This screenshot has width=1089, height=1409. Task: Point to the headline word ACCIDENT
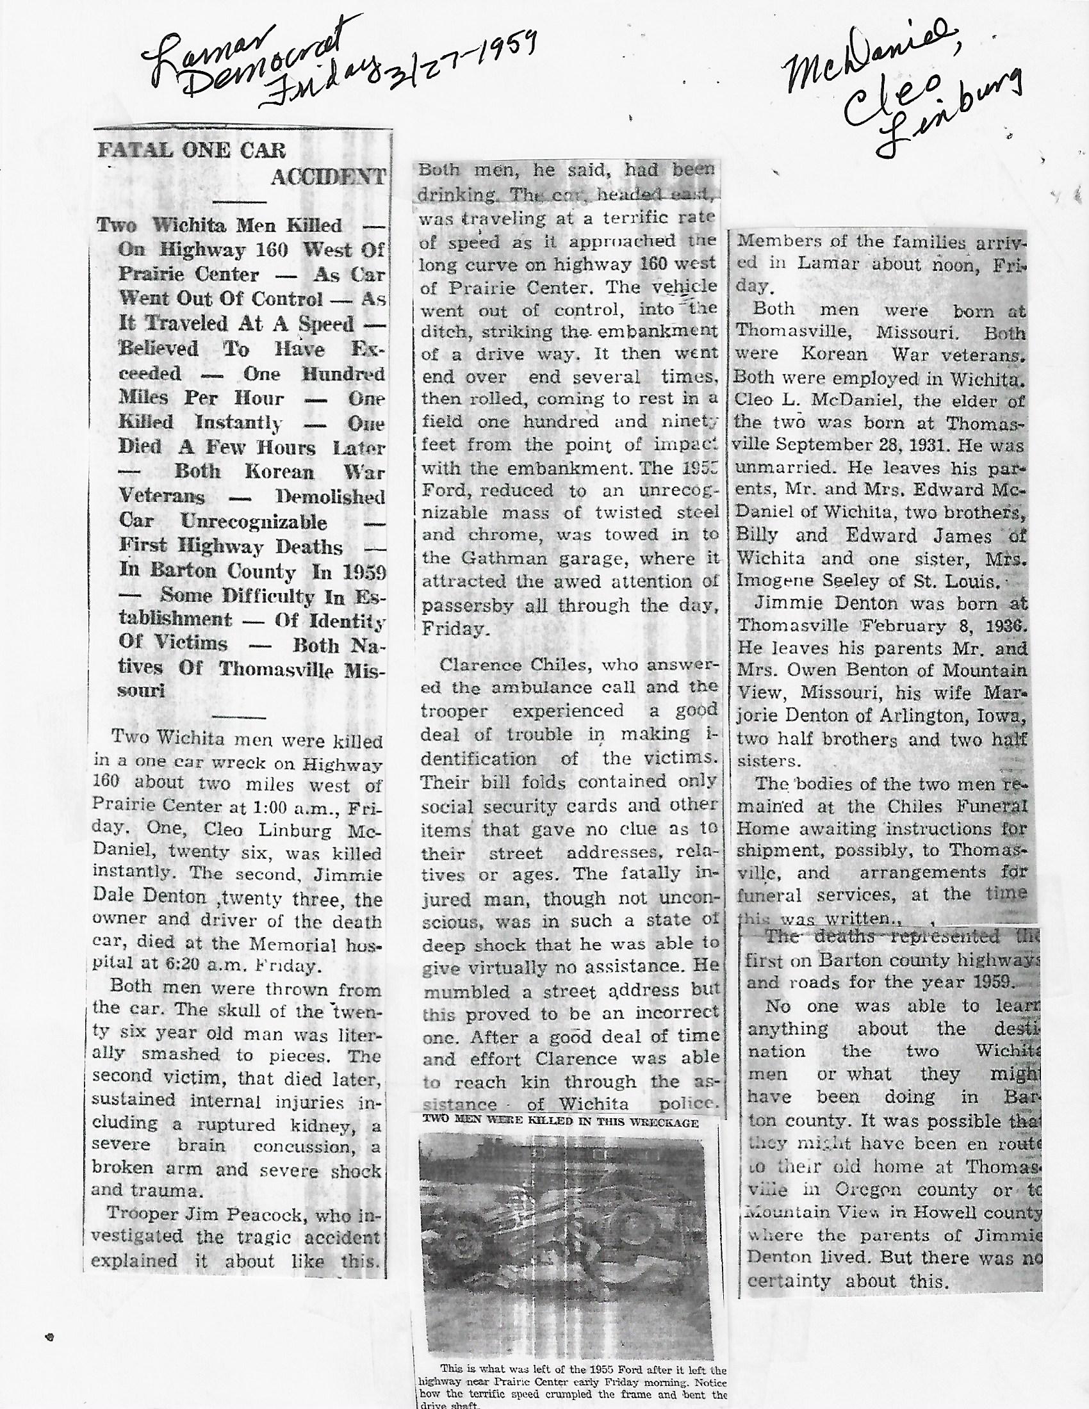pos(328,177)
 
